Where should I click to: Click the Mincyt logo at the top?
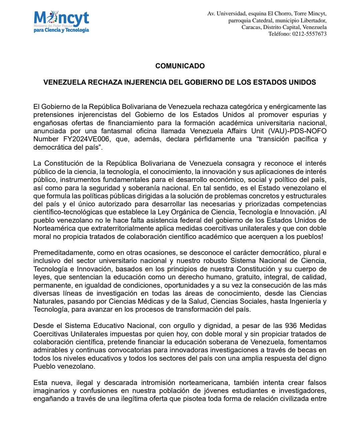click(x=61, y=22)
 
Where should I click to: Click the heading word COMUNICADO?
click(x=180, y=66)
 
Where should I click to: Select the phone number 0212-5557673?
click(x=309, y=34)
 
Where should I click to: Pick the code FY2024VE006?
click(x=86, y=139)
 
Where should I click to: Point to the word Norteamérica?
click(x=54, y=229)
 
